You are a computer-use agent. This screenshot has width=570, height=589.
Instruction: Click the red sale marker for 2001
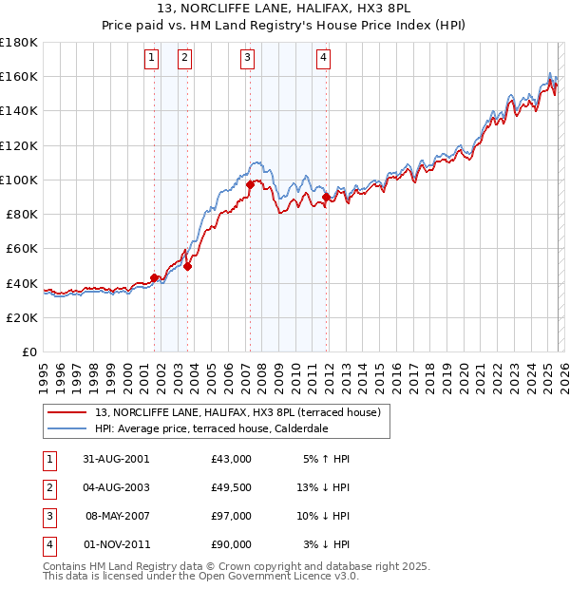click(154, 277)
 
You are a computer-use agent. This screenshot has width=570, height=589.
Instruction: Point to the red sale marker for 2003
click(187, 267)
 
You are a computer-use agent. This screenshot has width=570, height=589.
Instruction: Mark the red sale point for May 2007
click(250, 185)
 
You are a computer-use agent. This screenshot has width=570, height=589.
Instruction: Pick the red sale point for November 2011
click(326, 197)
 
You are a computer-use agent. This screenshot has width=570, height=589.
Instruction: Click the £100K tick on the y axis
click(19, 180)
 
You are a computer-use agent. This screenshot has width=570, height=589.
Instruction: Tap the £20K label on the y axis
click(21, 317)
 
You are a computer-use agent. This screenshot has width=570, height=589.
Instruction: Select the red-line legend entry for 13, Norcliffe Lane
click(237, 412)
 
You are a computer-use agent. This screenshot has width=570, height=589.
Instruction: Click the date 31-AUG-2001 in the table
click(116, 459)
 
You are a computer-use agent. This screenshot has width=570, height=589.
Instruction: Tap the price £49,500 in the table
click(232, 487)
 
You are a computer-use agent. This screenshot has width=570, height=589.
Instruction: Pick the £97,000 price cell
click(232, 516)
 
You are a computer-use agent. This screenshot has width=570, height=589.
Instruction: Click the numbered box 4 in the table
click(47, 544)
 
